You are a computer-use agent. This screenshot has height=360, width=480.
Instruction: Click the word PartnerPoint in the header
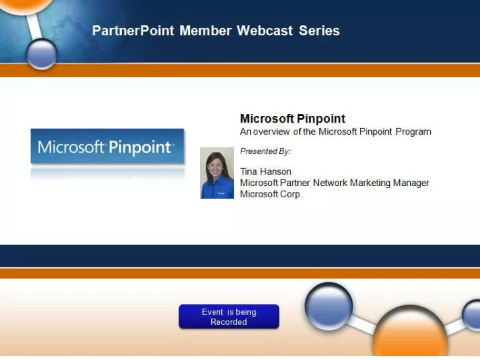coord(133,31)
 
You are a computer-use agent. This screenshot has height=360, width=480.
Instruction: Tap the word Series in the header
coord(319,31)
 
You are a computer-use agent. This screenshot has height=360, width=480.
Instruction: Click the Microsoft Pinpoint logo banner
coord(107,147)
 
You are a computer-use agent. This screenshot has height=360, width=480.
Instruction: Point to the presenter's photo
coord(217,173)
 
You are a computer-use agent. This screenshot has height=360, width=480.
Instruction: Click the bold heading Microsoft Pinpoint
coord(293,119)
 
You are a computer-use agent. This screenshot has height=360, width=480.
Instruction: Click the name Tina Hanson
coord(265,171)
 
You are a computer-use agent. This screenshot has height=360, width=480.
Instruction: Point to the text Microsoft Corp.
coord(271,194)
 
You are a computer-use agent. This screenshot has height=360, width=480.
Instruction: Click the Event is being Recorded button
coord(229,317)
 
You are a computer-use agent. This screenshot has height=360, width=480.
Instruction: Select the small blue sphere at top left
coord(43,53)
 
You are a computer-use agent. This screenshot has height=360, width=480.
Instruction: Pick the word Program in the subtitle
coord(413,131)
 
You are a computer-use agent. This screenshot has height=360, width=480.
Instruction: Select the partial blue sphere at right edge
coord(472,313)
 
